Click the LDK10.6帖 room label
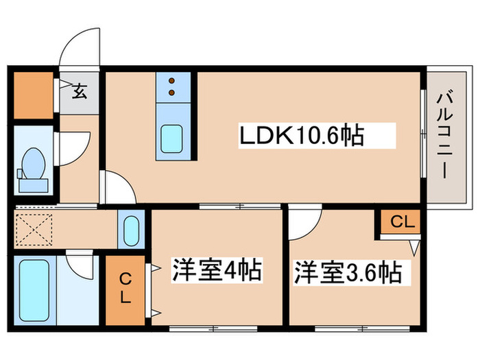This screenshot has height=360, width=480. coord(300,135)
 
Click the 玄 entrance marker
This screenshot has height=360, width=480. coord(80,92)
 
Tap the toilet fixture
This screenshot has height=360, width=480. coord(32,167)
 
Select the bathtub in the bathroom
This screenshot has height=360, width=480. coord(32,289)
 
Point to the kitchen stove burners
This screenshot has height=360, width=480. coord(173,86)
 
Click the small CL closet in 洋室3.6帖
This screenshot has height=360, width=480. coord(397,221)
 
